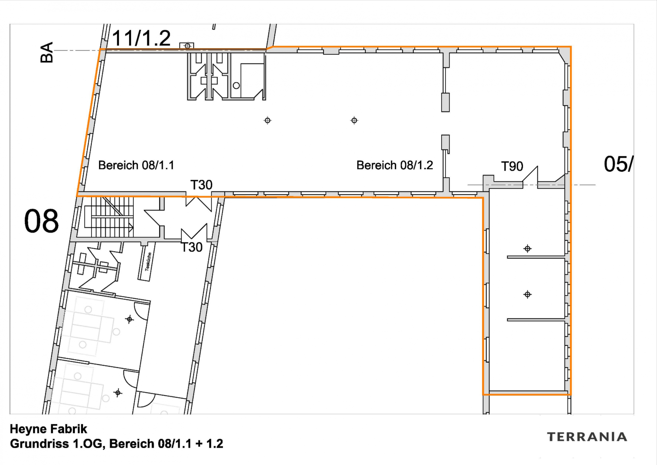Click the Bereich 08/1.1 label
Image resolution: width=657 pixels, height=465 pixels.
(136, 165)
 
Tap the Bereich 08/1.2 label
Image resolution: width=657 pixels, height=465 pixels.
(395, 165)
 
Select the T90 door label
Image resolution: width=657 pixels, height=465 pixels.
(512, 166)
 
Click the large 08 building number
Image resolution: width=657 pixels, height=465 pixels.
(42, 221)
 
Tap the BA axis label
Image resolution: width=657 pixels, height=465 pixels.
(47, 52)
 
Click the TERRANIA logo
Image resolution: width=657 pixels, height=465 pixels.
(587, 437)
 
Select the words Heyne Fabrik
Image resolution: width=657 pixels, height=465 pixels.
(48, 429)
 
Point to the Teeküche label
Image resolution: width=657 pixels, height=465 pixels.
(148, 262)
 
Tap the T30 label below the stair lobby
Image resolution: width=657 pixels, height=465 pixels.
(192, 247)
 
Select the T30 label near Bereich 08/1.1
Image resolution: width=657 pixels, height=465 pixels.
(201, 185)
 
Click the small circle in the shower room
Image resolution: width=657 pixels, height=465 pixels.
(236, 85)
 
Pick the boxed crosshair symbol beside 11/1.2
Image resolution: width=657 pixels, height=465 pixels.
(187, 46)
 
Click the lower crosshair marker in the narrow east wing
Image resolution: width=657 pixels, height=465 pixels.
(527, 294)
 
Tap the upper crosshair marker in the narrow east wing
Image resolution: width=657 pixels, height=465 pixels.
(527, 248)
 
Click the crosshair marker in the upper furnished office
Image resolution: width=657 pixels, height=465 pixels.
(129, 319)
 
